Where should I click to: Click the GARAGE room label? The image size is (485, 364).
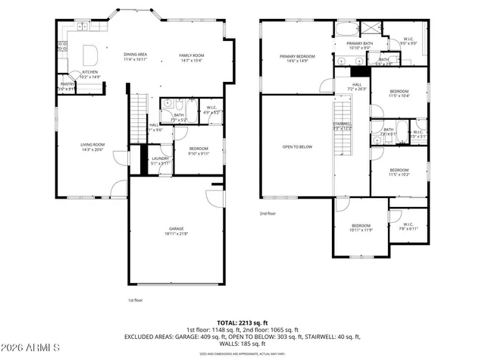pos(177,228)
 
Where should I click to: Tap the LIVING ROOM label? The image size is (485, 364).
pos(93,144)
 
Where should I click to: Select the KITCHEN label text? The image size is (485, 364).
pos(90,72)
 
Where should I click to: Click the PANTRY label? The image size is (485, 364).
pos(67,85)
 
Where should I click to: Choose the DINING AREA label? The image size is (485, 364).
pos(136,55)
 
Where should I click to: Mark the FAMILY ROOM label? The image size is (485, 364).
pos(192,55)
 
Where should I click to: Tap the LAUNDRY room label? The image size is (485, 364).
pos(160,158)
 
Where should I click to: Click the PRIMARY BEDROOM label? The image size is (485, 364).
pos(297,56)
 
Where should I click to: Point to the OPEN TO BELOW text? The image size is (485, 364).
pos(297,146)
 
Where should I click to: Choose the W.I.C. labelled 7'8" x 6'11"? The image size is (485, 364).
pos(408,226)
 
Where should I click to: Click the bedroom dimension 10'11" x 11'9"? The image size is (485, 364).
pos(361,229)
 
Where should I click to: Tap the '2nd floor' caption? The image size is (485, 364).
pos(267,213)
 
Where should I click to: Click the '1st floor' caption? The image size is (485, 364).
pos(135,300)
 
